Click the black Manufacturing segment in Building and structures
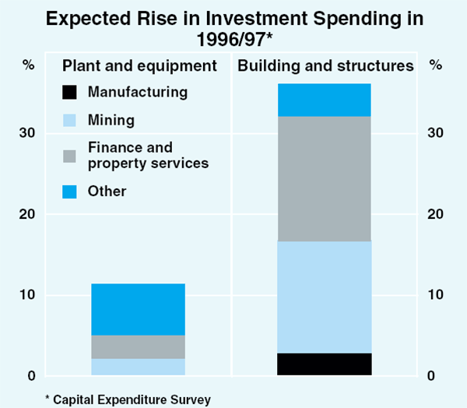(x=324, y=364)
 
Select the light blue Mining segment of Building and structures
(x=324, y=297)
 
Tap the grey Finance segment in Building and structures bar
(x=324, y=178)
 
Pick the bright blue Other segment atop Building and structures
(x=324, y=100)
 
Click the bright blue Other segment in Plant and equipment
(x=139, y=309)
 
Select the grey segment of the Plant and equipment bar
(x=139, y=346)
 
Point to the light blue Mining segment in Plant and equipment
(x=139, y=367)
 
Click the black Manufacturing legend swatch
(x=70, y=93)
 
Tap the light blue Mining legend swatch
(x=70, y=121)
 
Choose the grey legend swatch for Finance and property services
(x=70, y=155)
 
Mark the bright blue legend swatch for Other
(x=70, y=192)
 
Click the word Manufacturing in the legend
(x=138, y=93)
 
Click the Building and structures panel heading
(x=325, y=66)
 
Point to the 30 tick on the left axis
(x=28, y=133)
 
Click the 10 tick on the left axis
(x=28, y=295)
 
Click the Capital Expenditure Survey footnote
(x=128, y=399)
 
